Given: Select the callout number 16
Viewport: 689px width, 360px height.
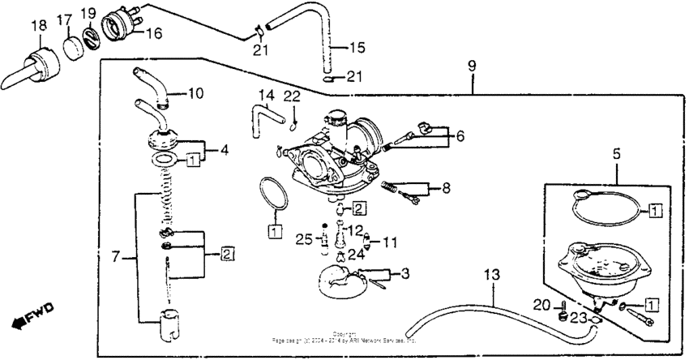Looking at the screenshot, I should (153, 33).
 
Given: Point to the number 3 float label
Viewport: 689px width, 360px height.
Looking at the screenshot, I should (404, 274).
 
